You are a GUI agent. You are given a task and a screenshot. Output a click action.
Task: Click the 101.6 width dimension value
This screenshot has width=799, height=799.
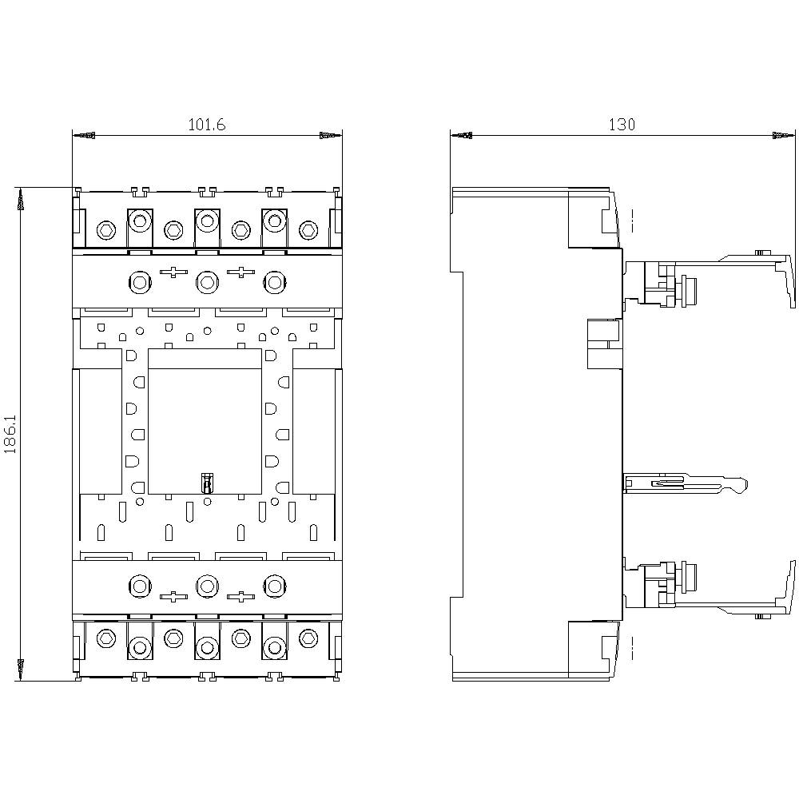click(x=206, y=125)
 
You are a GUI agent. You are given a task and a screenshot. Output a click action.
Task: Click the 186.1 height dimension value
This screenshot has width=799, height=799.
click(x=10, y=434)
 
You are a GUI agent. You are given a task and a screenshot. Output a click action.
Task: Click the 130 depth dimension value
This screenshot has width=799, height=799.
click(x=622, y=125)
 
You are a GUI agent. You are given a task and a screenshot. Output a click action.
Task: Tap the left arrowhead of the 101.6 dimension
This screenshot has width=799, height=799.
click(x=84, y=136)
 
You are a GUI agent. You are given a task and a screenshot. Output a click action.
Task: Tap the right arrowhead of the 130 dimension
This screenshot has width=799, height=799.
click(x=784, y=136)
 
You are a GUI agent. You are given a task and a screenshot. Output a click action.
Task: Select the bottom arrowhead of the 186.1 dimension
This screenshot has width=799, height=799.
click(x=21, y=669)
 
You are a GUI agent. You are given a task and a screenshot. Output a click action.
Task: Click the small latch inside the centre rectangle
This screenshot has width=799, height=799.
click(x=207, y=483)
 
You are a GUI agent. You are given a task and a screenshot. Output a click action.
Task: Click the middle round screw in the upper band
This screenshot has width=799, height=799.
click(x=207, y=280)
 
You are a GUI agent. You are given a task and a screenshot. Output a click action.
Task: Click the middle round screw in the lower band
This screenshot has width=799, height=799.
click(x=207, y=586)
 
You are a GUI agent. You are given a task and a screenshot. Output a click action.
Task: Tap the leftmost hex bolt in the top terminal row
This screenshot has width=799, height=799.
click(x=106, y=230)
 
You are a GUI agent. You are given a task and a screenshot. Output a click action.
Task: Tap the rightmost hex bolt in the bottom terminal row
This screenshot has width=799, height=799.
click(x=308, y=638)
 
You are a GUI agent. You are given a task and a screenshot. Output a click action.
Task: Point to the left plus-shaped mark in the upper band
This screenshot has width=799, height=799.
click(x=173, y=272)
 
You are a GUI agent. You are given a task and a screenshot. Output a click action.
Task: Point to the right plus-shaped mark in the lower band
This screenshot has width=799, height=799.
click(x=241, y=595)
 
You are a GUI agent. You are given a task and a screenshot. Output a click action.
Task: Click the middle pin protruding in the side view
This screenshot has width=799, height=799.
click(x=686, y=483)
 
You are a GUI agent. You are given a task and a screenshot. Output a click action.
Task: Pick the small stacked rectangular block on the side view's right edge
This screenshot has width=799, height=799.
click(x=605, y=344)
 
